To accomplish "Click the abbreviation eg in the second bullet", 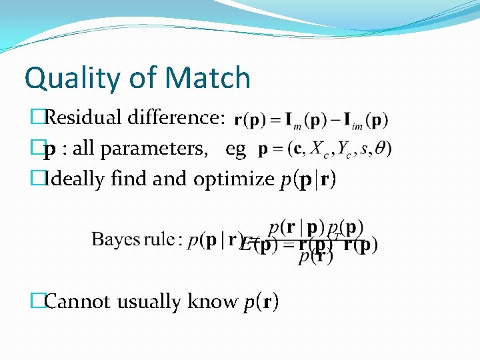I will pos(235,149).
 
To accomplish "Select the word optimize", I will pos(234,179).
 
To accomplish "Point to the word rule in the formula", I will pos(162,239).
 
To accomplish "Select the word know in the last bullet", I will pos(213,302).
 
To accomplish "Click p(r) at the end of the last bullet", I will pos(262,303).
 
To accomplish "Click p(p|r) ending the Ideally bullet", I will pos(308,179).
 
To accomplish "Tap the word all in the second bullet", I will pos(83,149).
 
